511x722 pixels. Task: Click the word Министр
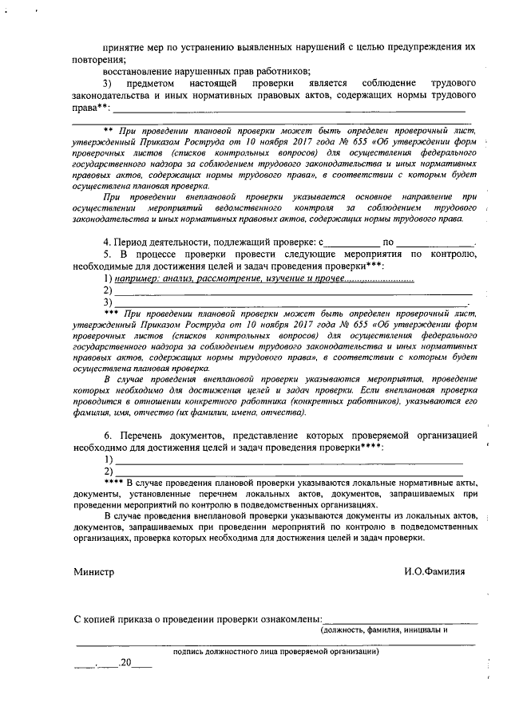(93, 572)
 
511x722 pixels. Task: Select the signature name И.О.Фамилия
(434, 572)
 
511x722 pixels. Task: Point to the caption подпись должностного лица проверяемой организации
(275, 651)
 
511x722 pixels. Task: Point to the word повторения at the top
(99, 59)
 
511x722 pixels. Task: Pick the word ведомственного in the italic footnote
(240, 208)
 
